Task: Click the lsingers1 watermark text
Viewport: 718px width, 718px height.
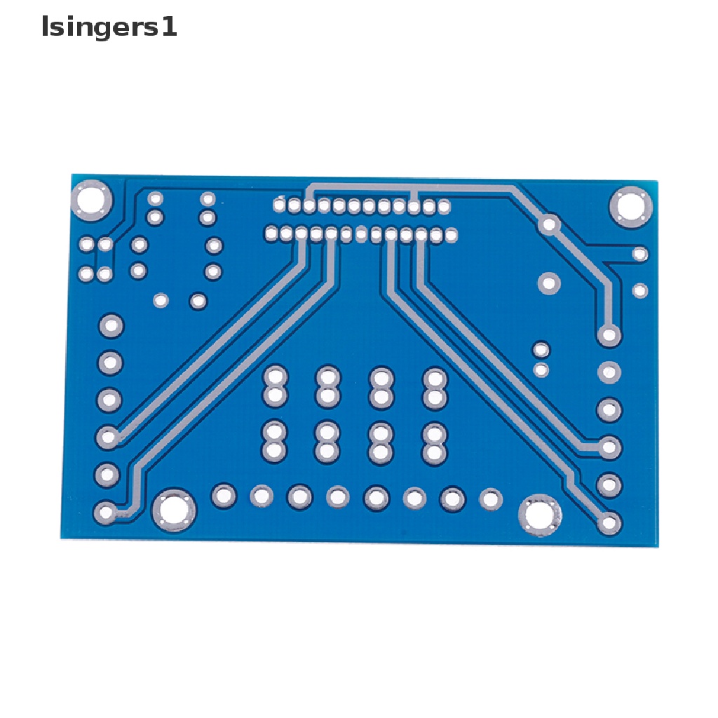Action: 109,27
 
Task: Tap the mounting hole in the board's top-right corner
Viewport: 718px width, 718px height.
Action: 630,207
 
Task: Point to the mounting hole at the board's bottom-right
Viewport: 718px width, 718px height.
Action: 540,515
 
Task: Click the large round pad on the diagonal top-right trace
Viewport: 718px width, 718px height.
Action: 549,224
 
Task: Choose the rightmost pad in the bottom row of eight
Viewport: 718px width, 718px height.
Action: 490,499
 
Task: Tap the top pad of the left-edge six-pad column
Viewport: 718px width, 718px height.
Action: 111,325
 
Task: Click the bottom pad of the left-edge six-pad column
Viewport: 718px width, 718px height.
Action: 107,513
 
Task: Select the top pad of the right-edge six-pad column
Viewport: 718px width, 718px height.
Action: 609,334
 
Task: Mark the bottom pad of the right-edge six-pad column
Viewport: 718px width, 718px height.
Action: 609,522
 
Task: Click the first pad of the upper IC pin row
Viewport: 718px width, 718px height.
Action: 280,205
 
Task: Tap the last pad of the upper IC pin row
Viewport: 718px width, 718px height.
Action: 444,207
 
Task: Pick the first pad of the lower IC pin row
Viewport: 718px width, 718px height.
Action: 271,233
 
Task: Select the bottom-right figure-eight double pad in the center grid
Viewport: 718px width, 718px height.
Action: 435,443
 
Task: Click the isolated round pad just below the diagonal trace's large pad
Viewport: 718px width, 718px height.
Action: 548,283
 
